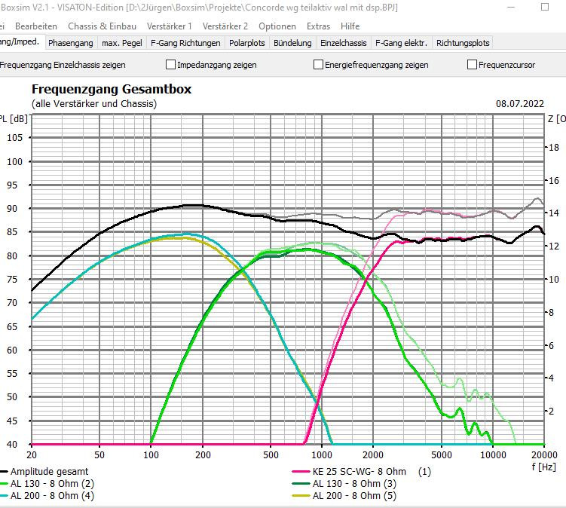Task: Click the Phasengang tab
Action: coord(71,43)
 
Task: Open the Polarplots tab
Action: coord(246,43)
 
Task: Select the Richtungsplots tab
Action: coord(463,43)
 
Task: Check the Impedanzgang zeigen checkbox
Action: coord(171,65)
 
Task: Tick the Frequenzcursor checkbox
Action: coord(473,65)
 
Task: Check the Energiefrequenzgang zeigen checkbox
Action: coord(319,65)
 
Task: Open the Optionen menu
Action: coord(277,26)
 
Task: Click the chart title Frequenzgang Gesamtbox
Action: coord(111,90)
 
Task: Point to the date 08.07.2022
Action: coord(519,103)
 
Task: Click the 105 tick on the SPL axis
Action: coord(14,138)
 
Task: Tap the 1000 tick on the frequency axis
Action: coord(322,455)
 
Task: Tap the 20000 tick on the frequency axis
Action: coord(543,455)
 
